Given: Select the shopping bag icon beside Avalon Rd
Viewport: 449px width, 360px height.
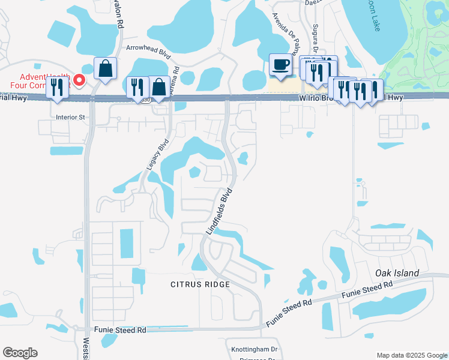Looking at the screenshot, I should [x=105, y=69].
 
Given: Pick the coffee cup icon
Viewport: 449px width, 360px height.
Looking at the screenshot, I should [x=280, y=64].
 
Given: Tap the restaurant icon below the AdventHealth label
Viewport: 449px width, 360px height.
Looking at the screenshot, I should [x=57, y=88].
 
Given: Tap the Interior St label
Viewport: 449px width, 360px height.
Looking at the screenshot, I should [x=70, y=117].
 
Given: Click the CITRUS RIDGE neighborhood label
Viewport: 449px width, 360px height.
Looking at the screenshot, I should [x=200, y=283].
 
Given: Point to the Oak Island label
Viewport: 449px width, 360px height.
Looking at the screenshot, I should [x=397, y=273].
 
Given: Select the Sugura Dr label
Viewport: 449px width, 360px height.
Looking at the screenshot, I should [x=315, y=38].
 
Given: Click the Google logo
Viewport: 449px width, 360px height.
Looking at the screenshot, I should [x=20, y=353].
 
